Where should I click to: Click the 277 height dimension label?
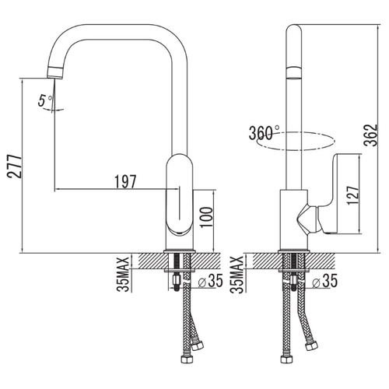point(14,166)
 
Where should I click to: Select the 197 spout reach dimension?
point(125,181)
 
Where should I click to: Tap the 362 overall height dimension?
point(370,135)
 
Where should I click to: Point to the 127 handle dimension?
point(353,195)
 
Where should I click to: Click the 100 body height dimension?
point(206,217)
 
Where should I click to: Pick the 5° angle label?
point(45,100)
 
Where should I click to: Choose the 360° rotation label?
point(264,132)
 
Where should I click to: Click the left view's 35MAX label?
point(123,275)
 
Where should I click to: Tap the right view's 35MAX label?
point(237,275)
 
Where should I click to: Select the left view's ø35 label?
point(210,281)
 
